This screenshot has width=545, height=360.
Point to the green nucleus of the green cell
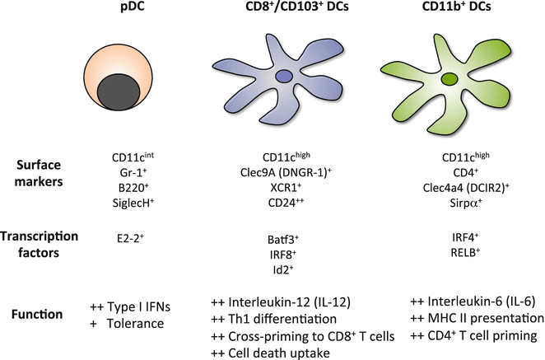point(450,80)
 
